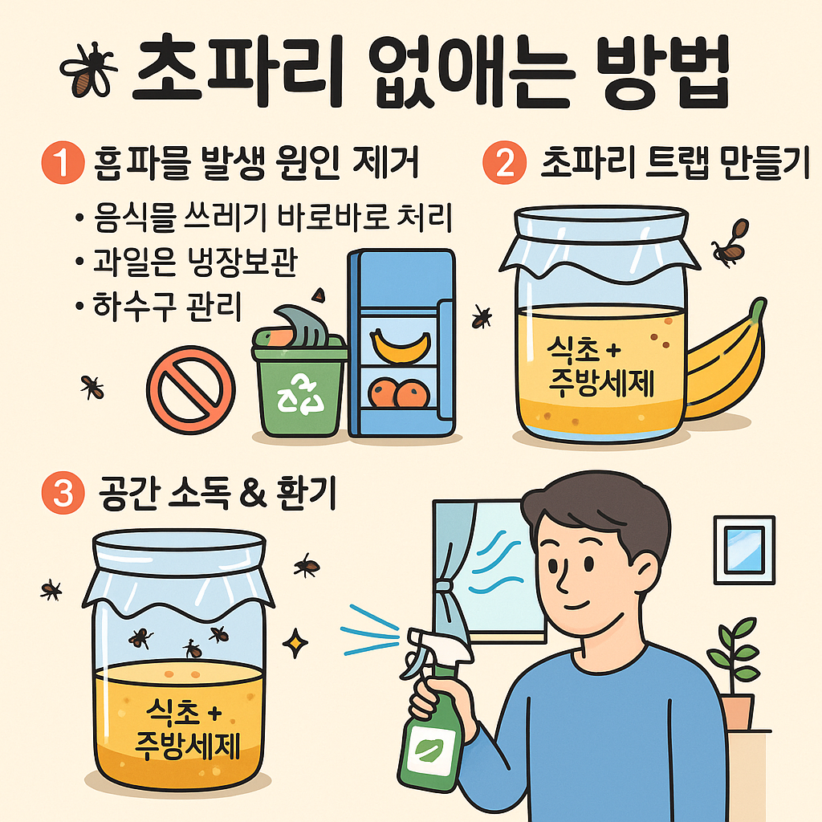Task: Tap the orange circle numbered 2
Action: (503, 164)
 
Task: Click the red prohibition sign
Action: (191, 389)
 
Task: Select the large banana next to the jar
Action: (726, 369)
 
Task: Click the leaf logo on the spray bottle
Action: (425, 753)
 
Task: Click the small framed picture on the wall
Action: (744, 549)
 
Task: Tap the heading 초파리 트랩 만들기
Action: (674, 164)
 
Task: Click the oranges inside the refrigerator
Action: (395, 393)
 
